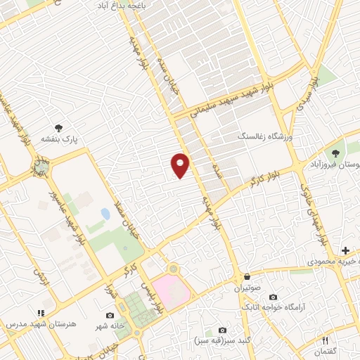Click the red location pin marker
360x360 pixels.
tap(180, 165)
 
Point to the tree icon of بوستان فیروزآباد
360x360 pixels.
tap(335, 152)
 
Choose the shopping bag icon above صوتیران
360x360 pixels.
tap(247, 277)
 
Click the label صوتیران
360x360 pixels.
tap(247, 289)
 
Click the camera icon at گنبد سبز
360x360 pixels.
tap(223, 330)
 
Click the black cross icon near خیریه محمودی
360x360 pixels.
tap(345, 250)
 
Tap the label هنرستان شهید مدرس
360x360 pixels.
tap(30, 324)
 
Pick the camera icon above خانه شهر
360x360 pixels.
tap(110, 315)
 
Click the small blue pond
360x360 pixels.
tap(105, 213)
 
